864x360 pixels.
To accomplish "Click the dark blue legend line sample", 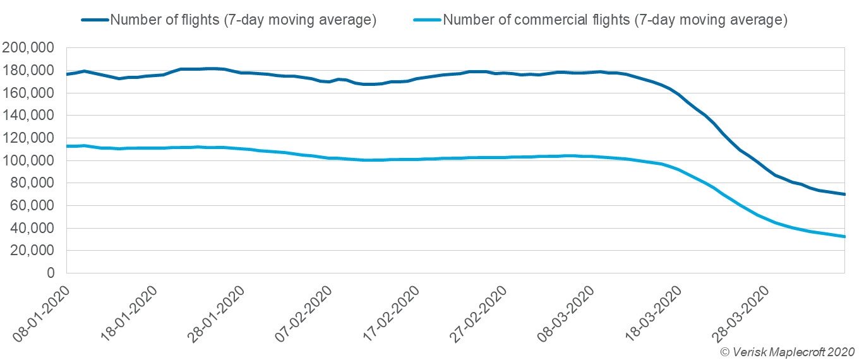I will point(95,20).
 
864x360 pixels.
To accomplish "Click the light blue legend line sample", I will point(428,20).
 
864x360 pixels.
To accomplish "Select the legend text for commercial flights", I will point(615,20).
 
